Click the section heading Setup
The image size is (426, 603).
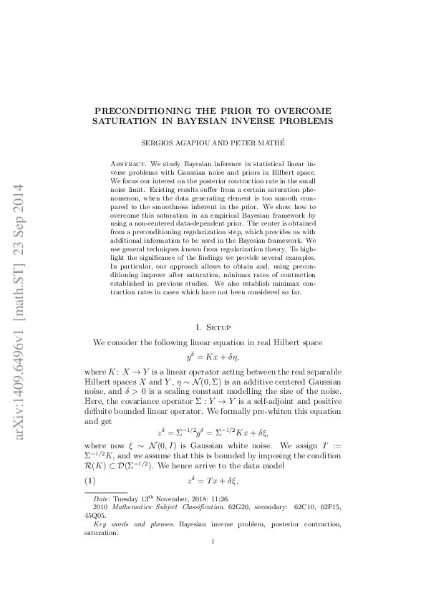click(x=220, y=327)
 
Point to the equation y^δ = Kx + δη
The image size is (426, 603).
click(x=213, y=355)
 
